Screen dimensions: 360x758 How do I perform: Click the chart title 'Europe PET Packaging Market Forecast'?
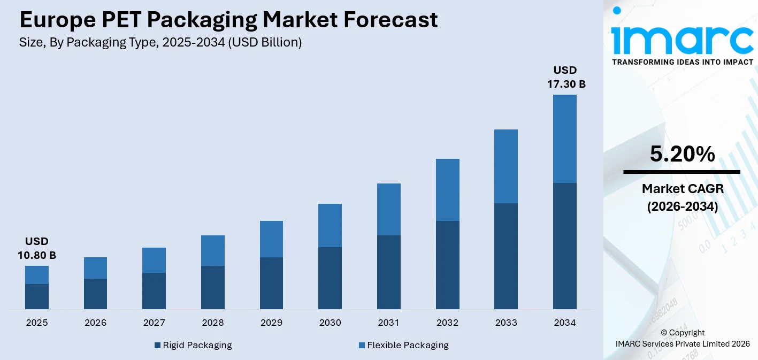pyautogui.click(x=228, y=20)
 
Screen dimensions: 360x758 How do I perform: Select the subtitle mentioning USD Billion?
pyautogui.click(x=160, y=43)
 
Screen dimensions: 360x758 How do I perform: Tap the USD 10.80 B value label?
pyautogui.click(x=36, y=249)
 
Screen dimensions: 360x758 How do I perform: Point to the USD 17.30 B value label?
pyautogui.click(x=565, y=78)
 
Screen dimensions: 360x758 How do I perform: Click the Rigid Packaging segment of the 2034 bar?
pyautogui.click(x=565, y=246)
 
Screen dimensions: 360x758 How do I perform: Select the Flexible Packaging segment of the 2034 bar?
pyautogui.click(x=565, y=139)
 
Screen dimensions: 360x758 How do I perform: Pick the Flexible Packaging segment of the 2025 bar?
pyautogui.click(x=36, y=275)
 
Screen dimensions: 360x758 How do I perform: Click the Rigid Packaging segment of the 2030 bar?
pyautogui.click(x=330, y=278)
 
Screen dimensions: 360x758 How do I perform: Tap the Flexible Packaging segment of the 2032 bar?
pyautogui.click(x=447, y=190)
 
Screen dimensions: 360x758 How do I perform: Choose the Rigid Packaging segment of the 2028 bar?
pyautogui.click(x=212, y=287)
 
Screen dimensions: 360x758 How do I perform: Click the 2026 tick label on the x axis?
pyautogui.click(x=95, y=323)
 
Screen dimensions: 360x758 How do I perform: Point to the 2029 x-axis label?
pyautogui.click(x=271, y=323)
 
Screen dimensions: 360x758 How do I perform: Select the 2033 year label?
pyautogui.click(x=506, y=323)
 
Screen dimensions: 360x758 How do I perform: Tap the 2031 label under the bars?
pyautogui.click(x=389, y=323)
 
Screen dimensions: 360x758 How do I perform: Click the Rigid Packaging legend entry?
pyautogui.click(x=193, y=345)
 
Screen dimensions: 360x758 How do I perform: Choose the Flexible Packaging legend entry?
pyautogui.click(x=403, y=345)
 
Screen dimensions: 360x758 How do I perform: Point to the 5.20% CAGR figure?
pyautogui.click(x=682, y=154)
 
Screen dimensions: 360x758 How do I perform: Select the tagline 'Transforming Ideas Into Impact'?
pyautogui.click(x=682, y=62)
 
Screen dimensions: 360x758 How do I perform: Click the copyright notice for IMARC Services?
pyautogui.click(x=682, y=338)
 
